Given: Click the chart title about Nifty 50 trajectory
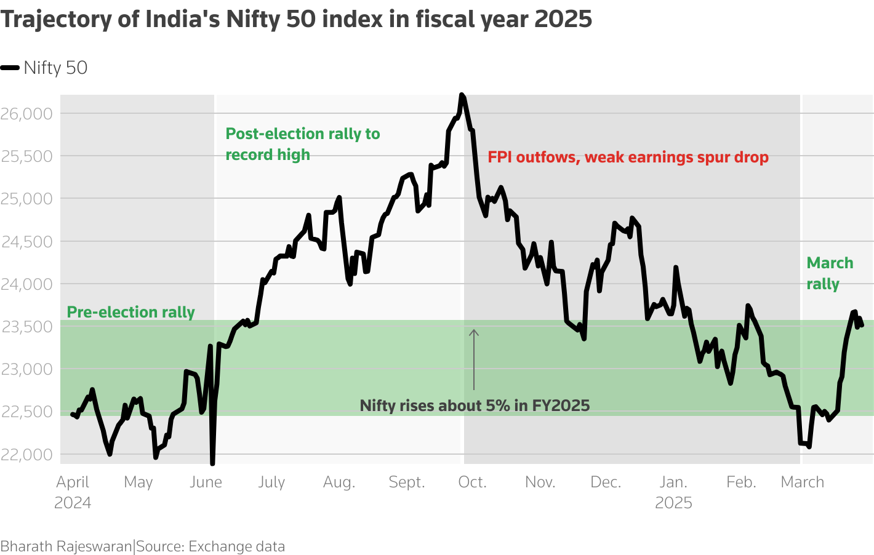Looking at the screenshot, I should (x=296, y=19).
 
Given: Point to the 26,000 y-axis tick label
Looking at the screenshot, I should (x=26, y=114).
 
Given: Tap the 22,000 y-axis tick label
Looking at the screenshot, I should (x=26, y=455).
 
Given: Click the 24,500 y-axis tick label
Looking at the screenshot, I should (x=26, y=242).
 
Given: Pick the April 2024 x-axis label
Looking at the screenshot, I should (x=73, y=492).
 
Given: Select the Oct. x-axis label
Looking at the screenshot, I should (x=472, y=482).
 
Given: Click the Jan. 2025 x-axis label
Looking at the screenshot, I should (x=673, y=492).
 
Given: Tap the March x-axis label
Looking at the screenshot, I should (x=802, y=482).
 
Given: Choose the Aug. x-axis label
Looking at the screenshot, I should (x=339, y=482).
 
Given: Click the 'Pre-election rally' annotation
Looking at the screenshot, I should (x=130, y=313).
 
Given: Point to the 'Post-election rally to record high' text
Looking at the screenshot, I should (x=302, y=144).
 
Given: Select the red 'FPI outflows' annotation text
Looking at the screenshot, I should (x=628, y=158).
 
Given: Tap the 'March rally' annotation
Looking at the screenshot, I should (x=829, y=273).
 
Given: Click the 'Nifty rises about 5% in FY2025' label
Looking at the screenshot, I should (x=475, y=405).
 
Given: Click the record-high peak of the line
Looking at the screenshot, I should (x=462, y=95).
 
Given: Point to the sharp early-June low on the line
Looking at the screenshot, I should (x=212, y=462).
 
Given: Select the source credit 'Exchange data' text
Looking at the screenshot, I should (x=236, y=546).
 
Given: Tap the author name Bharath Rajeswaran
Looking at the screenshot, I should (x=66, y=546).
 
